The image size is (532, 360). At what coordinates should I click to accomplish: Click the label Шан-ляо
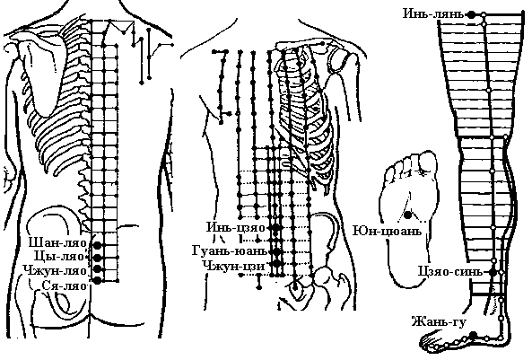(57, 243)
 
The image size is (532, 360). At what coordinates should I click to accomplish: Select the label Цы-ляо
(60, 256)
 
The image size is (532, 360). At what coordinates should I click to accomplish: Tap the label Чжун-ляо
(55, 270)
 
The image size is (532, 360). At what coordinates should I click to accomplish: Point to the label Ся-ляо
(64, 285)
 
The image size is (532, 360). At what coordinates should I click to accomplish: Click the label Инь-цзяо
(236, 227)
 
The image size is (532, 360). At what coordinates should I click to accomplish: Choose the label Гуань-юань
(230, 251)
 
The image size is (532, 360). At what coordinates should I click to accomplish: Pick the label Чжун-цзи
(234, 265)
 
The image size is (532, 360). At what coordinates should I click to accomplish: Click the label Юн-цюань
(388, 232)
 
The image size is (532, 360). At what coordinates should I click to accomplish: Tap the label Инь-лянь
(433, 14)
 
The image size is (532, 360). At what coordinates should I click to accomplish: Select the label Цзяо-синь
(449, 272)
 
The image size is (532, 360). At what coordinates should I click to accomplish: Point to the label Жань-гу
(439, 321)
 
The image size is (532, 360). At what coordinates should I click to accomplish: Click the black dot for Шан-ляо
(98, 245)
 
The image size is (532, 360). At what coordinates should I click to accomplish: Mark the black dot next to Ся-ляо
(98, 280)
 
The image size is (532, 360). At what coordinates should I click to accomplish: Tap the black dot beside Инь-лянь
(471, 14)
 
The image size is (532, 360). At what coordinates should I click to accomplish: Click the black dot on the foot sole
(408, 215)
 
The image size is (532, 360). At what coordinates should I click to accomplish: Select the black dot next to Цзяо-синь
(493, 272)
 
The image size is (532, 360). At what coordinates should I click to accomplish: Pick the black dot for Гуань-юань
(277, 251)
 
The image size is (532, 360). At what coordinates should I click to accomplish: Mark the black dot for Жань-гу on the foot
(474, 335)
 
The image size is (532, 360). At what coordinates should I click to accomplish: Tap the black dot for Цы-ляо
(98, 257)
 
